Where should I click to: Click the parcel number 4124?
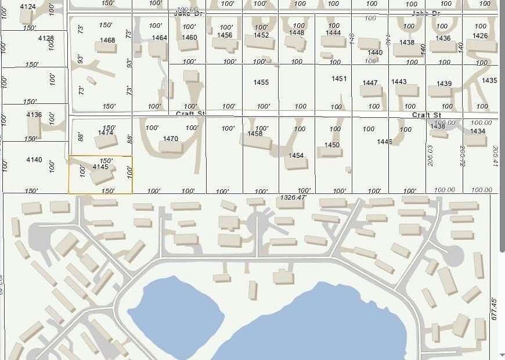(27, 6)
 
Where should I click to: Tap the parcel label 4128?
(46, 38)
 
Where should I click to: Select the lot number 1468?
(107, 41)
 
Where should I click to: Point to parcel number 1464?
(159, 38)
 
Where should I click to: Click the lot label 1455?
(261, 82)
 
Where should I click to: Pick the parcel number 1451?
(339, 79)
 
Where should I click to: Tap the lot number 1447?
(370, 83)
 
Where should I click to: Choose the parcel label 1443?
(399, 82)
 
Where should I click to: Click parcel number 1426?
(480, 36)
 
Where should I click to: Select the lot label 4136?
(34, 115)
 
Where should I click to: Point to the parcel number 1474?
(106, 133)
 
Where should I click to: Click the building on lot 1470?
(171, 147)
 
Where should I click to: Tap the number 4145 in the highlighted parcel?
(100, 167)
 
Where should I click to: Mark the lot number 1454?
(296, 156)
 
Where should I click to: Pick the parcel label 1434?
(478, 132)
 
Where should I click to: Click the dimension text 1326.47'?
(292, 198)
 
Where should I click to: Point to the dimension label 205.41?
(495, 156)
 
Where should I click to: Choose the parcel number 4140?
(34, 160)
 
